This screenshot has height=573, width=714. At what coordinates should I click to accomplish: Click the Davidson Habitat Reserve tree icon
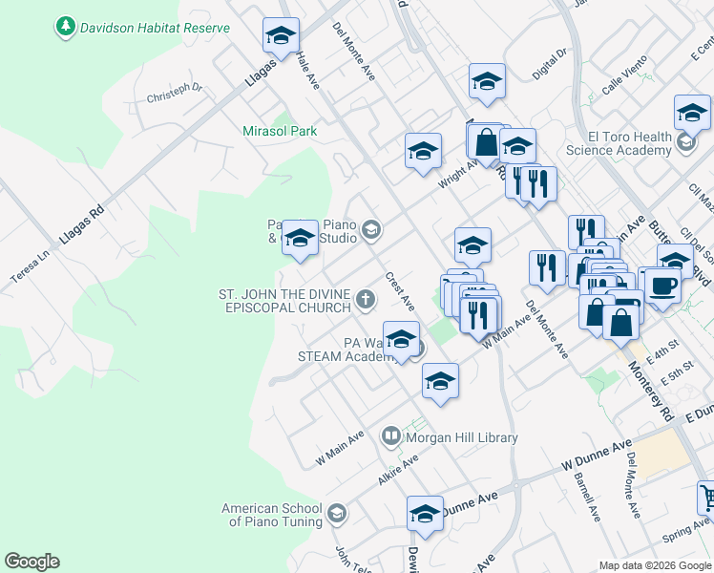coord(65,27)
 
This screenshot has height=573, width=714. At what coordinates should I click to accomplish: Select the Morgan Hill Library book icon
coord(390,437)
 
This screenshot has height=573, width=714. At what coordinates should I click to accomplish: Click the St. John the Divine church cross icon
coord(364,302)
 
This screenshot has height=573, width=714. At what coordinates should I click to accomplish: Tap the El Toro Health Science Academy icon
coord(685,143)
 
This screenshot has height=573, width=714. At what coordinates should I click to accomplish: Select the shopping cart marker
coord(706,498)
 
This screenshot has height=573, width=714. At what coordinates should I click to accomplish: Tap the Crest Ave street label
coord(399,291)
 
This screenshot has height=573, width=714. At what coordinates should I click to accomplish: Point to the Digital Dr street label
coord(550,64)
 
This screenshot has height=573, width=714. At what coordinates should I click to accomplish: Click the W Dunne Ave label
coord(598,455)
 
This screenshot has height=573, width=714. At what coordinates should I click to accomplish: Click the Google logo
coord(31,562)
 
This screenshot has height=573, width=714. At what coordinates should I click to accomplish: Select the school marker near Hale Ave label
coord(281,38)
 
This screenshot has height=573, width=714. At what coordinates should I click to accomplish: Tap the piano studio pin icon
coord(371,230)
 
